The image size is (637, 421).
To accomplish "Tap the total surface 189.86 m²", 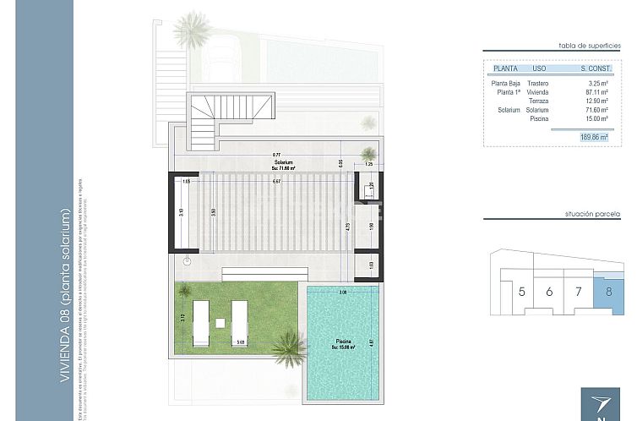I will [x=587, y=136].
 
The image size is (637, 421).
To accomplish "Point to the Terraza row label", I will [x=537, y=101].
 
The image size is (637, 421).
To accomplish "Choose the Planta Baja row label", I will [x=505, y=84].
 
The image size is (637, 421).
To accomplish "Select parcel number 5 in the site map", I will [x=522, y=292].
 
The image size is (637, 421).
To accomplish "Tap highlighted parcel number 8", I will [x=608, y=292].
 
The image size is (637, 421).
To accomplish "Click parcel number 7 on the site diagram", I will [x=579, y=292].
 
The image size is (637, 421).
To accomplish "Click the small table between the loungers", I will [x=219, y=321].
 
